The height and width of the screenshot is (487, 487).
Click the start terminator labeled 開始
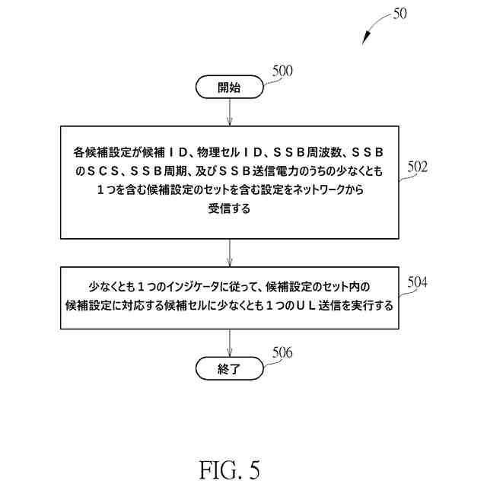pos(229,88)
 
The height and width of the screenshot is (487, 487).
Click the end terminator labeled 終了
pos(229,371)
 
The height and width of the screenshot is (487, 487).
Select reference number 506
pos(282,353)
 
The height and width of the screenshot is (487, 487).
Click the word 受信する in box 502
pos(229,208)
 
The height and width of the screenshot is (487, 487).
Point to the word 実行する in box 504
pos(370,306)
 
